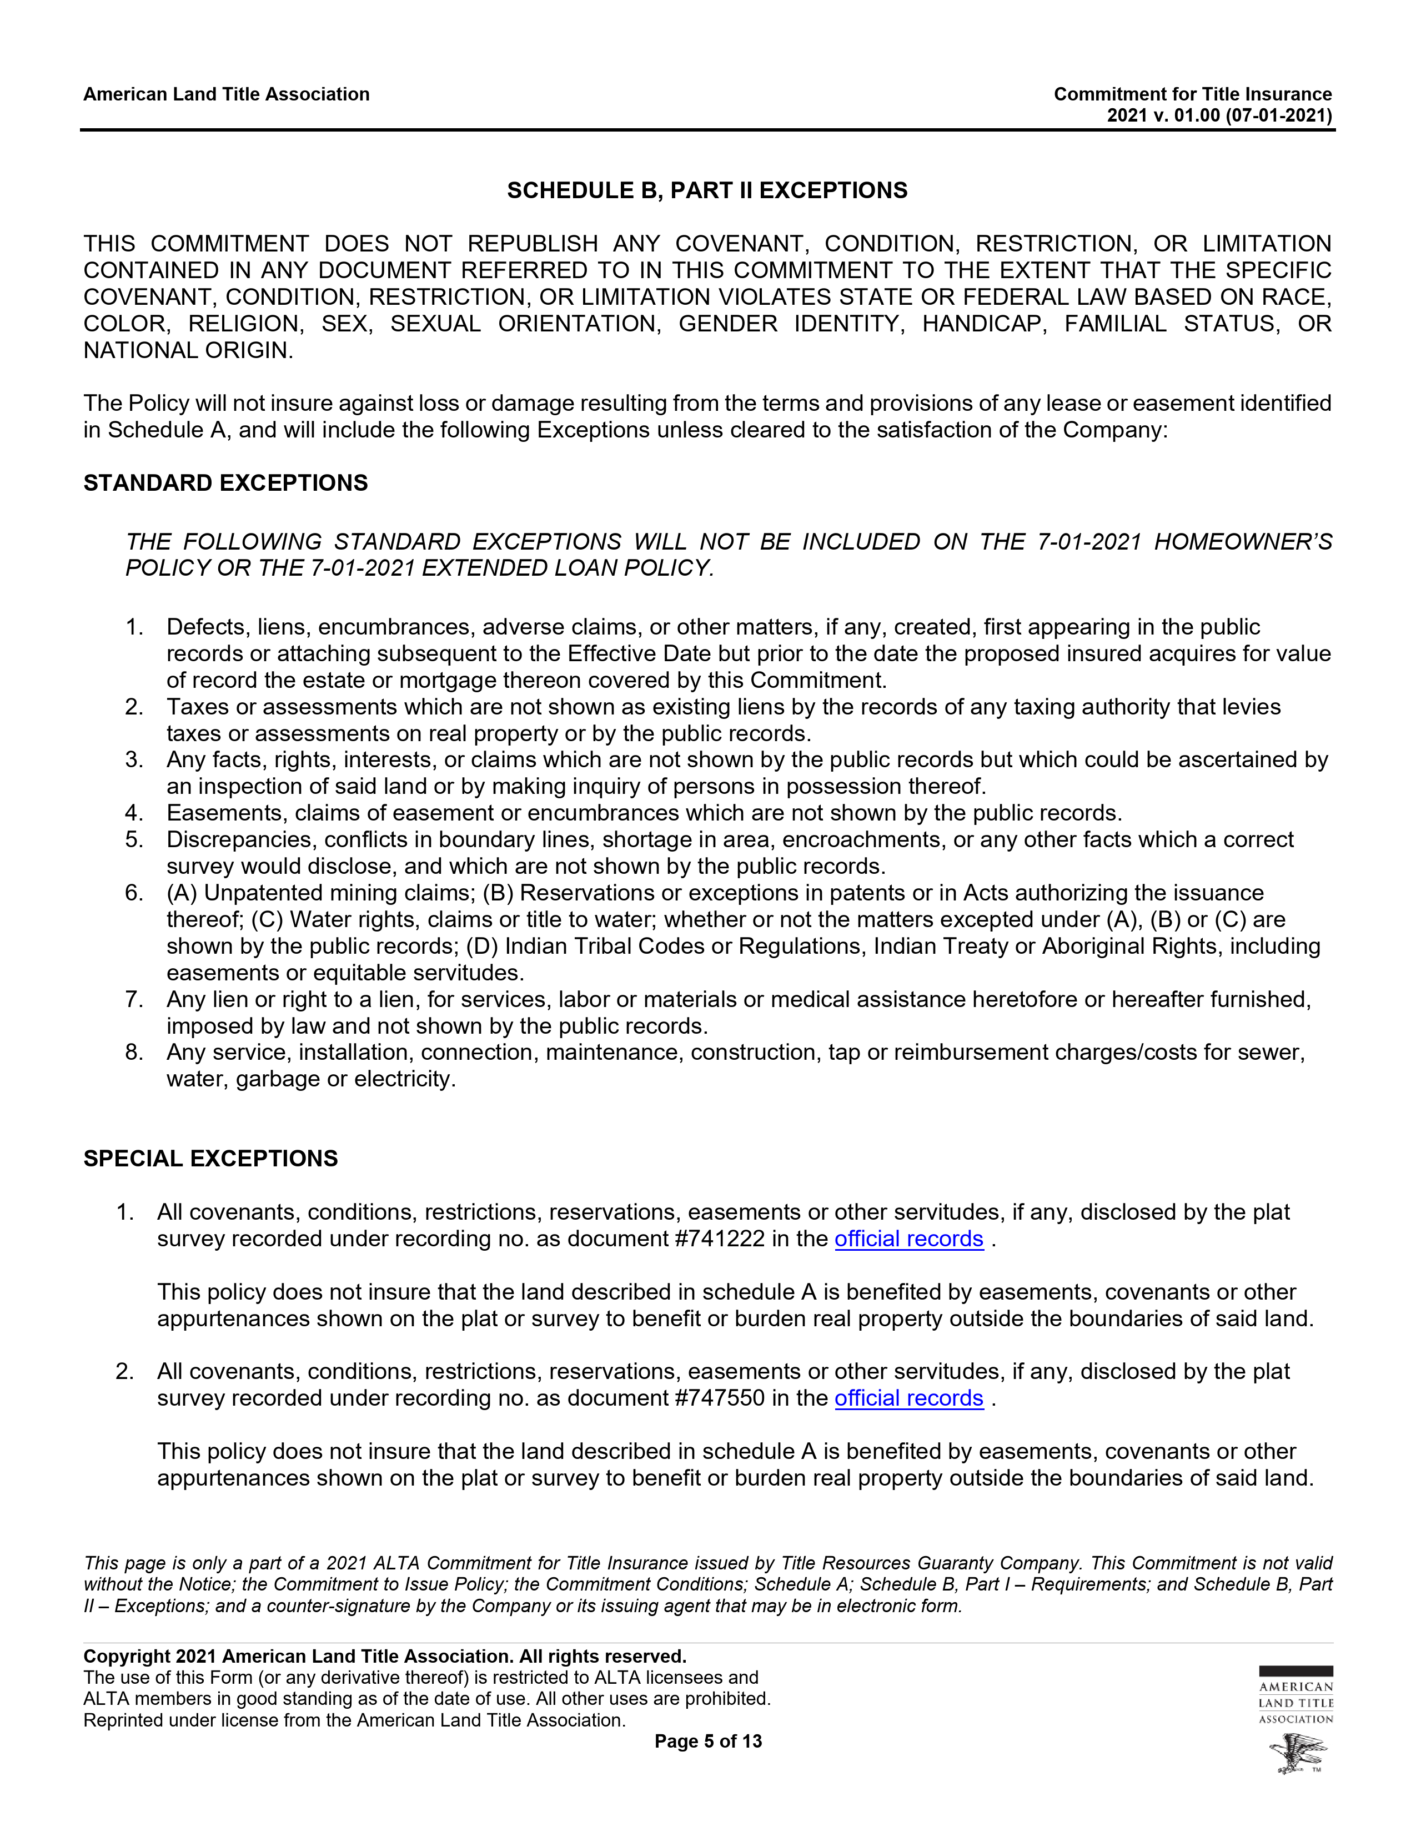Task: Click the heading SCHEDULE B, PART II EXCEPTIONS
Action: tap(707, 190)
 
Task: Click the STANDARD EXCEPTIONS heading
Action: tap(225, 483)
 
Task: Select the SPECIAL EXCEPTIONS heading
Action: tap(210, 1159)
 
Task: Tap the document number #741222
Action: tap(719, 1239)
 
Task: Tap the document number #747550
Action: tap(719, 1398)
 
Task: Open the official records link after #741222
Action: tap(908, 1239)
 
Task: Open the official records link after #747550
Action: tap(908, 1398)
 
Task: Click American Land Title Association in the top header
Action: tap(227, 94)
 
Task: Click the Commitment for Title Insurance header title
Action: tap(1192, 94)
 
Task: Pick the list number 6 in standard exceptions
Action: tap(134, 893)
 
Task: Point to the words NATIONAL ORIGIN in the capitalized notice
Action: tap(187, 351)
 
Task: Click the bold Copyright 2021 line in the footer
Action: tap(384, 1657)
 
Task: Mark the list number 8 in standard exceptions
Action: tap(134, 1052)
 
